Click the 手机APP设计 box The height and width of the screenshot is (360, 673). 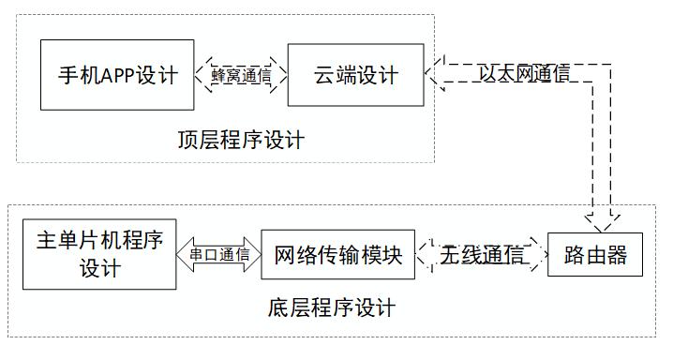coord(117,75)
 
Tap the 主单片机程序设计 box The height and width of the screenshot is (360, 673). coord(97,253)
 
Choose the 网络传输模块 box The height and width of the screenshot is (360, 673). coord(337,255)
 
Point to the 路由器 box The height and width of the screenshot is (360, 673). coord(594,255)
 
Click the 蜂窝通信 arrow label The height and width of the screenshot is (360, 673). coord(241,76)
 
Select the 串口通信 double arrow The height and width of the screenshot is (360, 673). coord(219,254)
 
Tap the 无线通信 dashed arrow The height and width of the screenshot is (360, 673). coord(481,255)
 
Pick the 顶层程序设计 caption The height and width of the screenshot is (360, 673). coord(241,141)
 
